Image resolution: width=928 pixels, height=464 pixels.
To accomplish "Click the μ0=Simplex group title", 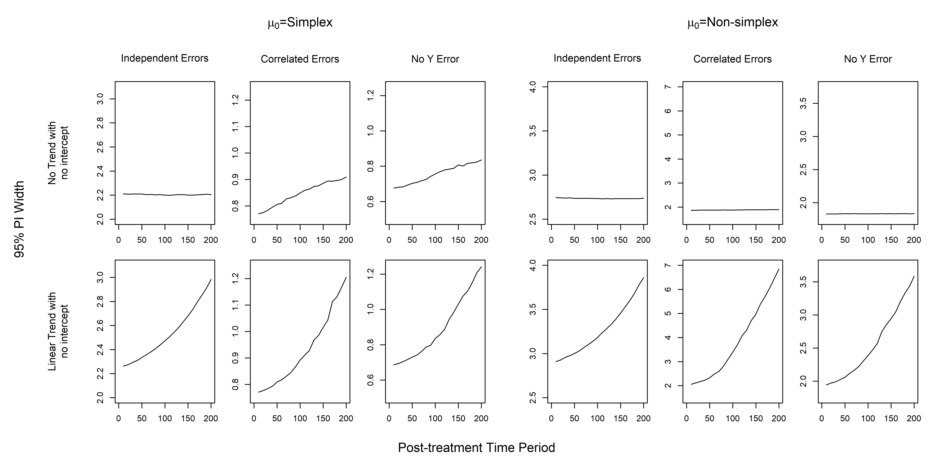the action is click(300, 23).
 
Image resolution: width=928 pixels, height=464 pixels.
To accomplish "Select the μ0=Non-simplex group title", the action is click(733, 23).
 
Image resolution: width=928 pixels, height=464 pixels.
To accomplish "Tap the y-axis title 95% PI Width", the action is click(19, 219).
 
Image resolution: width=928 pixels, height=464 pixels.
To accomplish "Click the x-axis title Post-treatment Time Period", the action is click(476, 447).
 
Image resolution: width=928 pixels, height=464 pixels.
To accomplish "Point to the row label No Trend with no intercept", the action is click(58, 153).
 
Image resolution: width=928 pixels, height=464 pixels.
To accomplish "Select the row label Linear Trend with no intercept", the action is click(58, 331).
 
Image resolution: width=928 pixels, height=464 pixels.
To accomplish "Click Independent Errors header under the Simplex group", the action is click(165, 58).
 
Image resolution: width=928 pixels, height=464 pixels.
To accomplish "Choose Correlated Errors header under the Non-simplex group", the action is click(732, 59).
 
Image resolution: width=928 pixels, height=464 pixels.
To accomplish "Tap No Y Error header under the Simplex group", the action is click(435, 59).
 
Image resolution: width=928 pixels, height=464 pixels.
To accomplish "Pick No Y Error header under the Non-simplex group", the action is click(868, 59).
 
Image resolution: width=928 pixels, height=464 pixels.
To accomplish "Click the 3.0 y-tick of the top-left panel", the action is click(101, 99).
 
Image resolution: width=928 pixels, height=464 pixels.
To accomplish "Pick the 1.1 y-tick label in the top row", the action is click(236, 127).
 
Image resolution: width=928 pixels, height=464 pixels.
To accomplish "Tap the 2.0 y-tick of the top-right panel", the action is click(803, 203).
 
